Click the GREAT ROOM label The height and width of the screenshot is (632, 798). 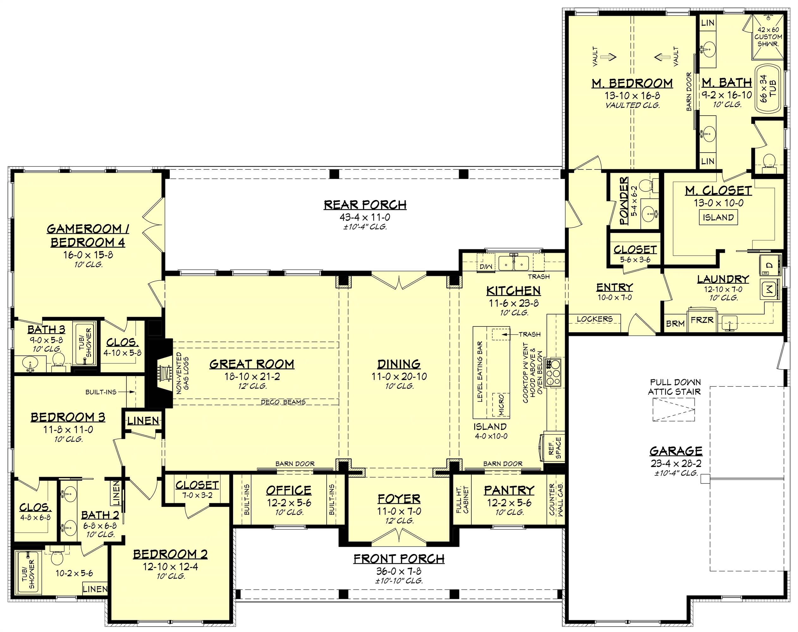point(252,364)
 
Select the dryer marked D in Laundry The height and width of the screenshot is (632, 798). point(770,265)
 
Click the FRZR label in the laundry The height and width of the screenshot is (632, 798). point(702,320)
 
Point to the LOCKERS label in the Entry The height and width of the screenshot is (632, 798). point(594,319)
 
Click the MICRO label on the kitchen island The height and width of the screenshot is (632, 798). point(501,404)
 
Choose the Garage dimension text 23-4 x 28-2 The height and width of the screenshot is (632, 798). point(676,463)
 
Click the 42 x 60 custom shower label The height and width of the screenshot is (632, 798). point(768,37)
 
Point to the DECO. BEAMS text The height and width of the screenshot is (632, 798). point(283,402)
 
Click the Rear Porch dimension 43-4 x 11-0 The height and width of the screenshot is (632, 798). point(365,217)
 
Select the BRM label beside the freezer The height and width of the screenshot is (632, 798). point(675,324)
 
